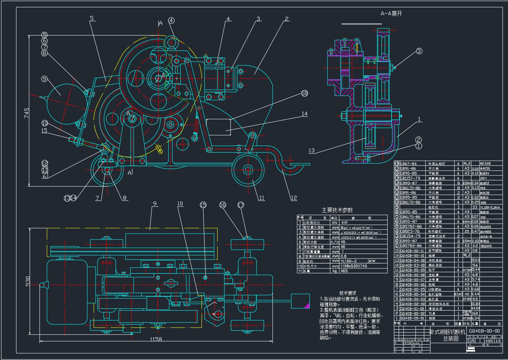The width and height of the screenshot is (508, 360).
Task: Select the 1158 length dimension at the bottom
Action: tap(156, 339)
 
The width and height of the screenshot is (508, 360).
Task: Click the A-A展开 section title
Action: tap(391, 14)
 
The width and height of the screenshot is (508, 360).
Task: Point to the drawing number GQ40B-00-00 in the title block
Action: tap(484, 331)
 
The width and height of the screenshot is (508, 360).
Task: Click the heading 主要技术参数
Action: tap(337, 210)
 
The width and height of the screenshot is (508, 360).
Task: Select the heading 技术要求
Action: tap(347, 293)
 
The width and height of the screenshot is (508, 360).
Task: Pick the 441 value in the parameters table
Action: tap(344, 222)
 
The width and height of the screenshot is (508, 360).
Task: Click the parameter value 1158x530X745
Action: tap(353, 266)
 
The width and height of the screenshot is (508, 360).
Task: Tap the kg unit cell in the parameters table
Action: tap(334, 271)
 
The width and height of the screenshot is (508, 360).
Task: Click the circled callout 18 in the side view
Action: tap(304, 94)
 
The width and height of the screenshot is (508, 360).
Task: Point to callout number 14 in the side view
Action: tap(304, 114)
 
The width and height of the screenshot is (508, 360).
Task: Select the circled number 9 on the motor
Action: tap(44, 79)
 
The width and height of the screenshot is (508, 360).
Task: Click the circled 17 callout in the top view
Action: tap(240, 205)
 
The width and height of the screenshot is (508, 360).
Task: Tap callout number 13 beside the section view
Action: tap(311, 150)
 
